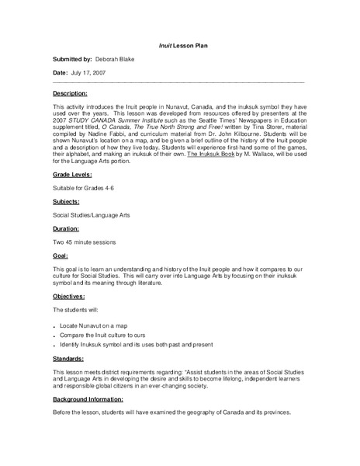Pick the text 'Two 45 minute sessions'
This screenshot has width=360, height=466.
tap(89, 262)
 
